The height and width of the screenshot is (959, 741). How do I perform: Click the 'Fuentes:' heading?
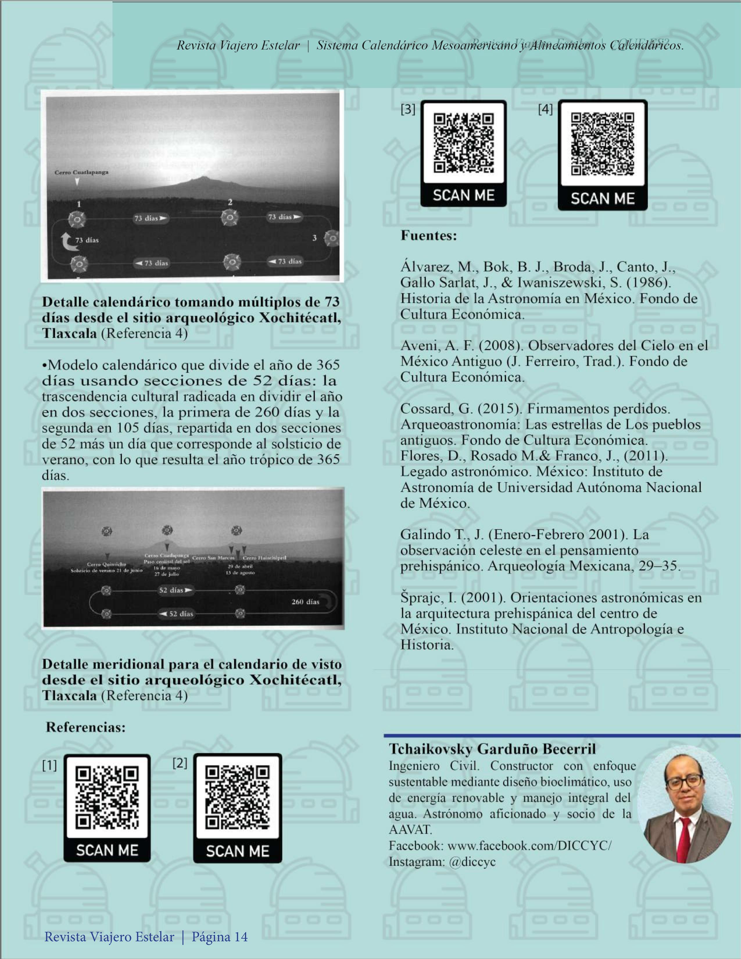coord(428,236)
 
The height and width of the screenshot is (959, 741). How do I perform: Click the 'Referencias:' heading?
coord(86,727)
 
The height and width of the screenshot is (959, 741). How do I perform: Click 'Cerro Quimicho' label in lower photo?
coord(107,564)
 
